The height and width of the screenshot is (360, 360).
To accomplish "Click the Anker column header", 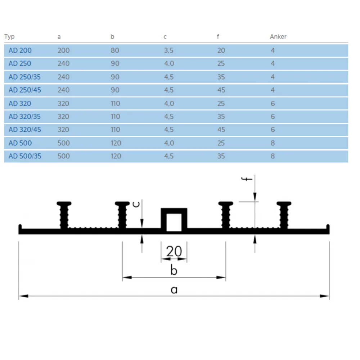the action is point(278,36).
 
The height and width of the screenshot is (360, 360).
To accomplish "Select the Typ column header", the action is point(9,37).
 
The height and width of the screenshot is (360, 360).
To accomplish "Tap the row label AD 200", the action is point(20,50).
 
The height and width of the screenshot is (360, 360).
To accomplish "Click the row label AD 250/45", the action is point(25,90).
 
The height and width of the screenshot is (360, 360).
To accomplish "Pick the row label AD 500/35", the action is point(25,156).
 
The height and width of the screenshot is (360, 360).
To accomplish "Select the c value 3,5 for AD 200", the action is point(168,50).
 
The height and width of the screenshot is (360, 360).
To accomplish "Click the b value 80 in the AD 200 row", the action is point(115,50).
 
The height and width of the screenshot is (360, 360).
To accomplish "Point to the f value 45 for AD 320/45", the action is point(221,130).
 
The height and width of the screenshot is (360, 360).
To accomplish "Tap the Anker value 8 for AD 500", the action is point(273,143).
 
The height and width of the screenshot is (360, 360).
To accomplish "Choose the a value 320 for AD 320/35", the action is point(63,116).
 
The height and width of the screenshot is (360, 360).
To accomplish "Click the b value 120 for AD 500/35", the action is point(116,156).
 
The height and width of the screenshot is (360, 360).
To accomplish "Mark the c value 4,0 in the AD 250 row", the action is point(169,64).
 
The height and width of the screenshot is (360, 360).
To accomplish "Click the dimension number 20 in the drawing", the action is point(174,251).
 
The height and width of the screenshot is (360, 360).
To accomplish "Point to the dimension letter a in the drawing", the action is point(174,290).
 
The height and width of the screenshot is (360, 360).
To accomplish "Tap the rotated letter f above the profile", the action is point(247,179).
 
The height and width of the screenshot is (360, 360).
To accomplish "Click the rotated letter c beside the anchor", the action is point(136,204).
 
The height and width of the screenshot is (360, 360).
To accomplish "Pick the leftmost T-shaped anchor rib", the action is point(64,215).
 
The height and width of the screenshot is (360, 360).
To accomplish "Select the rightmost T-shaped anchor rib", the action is point(284,215).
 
